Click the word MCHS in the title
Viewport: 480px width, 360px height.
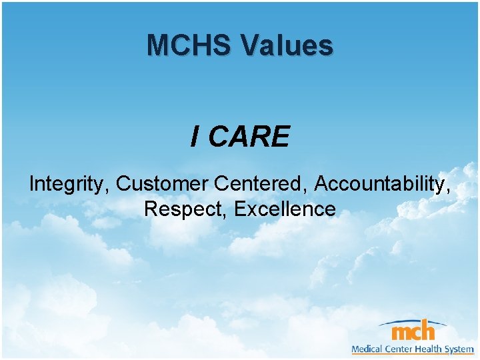(189, 45)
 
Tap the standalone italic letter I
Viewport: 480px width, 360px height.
(195, 137)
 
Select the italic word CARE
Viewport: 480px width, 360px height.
(249, 137)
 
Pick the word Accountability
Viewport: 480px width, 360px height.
(381, 183)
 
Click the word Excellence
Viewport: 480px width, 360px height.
(285, 209)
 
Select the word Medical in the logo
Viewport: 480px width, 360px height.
(369, 349)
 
